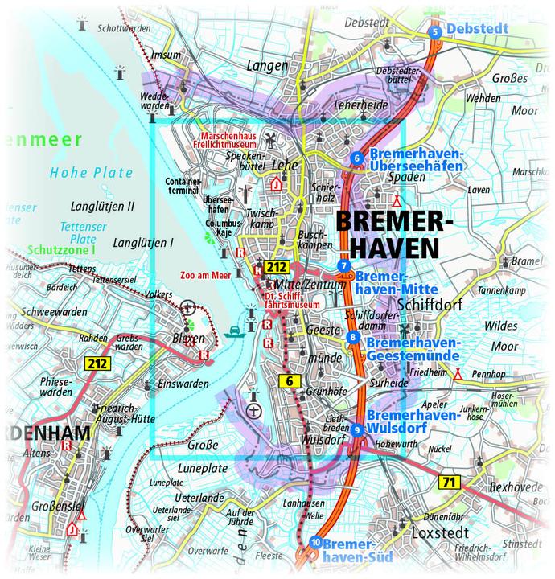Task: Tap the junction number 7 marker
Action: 343,266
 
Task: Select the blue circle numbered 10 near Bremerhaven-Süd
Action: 315,543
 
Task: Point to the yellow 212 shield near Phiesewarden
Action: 96,364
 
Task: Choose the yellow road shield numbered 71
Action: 449,482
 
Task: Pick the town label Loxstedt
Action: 439,533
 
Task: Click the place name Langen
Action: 268,65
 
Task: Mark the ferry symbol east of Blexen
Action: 234,331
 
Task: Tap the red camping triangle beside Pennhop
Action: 458,373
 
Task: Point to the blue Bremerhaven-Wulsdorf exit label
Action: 412,422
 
